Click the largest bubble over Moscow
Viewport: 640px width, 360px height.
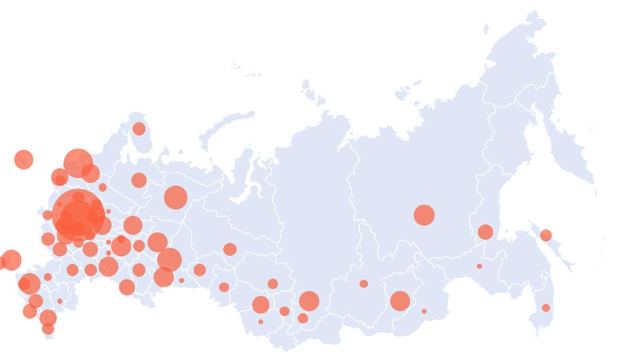click(78, 214)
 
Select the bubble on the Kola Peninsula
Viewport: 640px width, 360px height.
click(139, 129)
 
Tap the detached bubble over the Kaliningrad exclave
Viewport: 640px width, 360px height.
click(23, 159)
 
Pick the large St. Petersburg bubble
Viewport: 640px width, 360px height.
click(78, 163)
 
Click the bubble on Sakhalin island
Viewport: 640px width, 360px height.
click(545, 235)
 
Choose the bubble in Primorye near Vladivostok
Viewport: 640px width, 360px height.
click(545, 308)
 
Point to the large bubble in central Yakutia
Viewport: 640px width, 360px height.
click(424, 215)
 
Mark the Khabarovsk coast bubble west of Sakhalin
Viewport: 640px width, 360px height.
click(485, 232)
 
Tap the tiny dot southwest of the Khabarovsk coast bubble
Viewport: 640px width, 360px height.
click(479, 267)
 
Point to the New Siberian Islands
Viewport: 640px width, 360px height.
click(408, 90)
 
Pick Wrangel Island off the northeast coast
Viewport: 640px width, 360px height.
click(485, 29)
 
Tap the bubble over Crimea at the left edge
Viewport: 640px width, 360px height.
click(11, 260)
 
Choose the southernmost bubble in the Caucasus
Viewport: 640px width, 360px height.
click(48, 329)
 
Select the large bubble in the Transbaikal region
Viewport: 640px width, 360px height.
click(400, 301)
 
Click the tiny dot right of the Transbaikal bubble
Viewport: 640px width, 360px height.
click(424, 311)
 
